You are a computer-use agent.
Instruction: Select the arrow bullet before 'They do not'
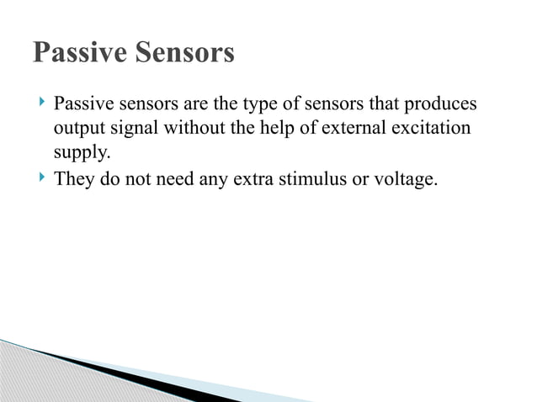coord(41,177)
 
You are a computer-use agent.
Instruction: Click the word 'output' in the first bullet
coord(77,130)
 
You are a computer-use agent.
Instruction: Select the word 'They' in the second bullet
coord(72,178)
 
